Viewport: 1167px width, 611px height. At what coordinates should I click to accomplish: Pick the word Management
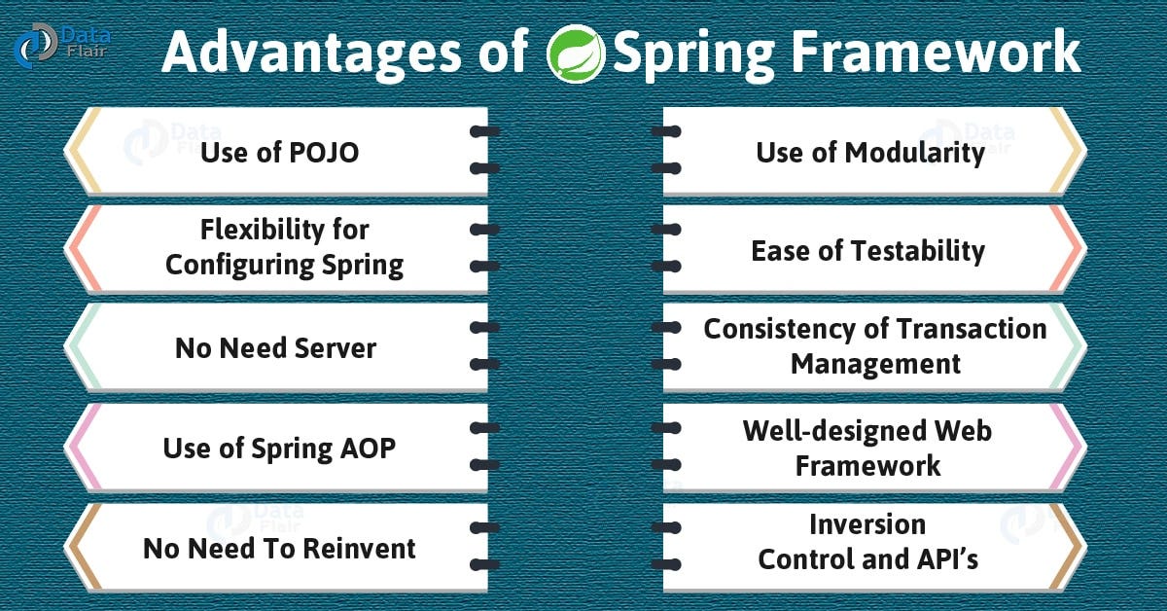(875, 364)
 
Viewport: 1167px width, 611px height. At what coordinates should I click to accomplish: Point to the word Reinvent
(359, 549)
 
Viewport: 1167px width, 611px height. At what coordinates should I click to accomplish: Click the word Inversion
(867, 524)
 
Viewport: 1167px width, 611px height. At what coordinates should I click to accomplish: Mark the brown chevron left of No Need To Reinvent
(80, 546)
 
